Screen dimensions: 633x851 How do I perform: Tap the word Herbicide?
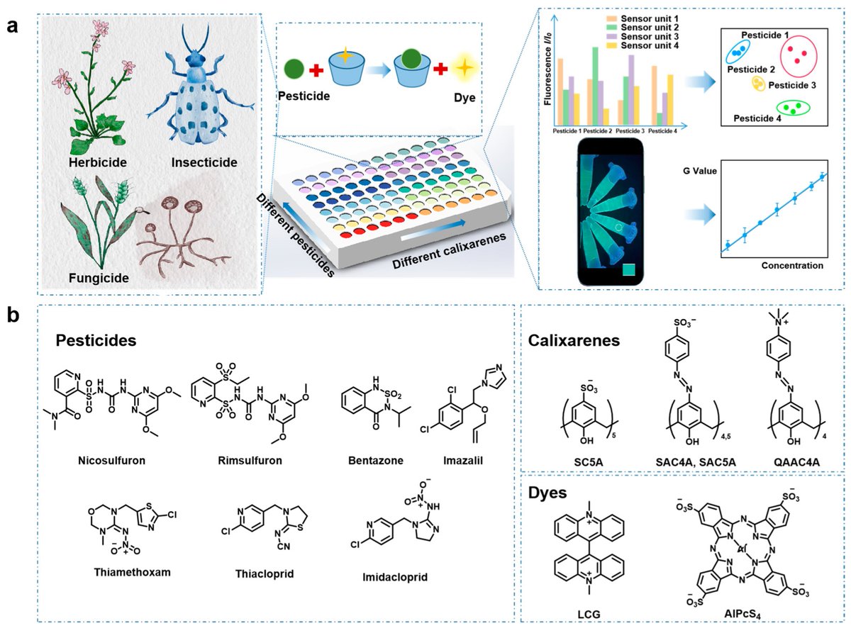99,162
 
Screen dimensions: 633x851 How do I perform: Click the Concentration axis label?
792,266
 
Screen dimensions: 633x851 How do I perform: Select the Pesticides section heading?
96,340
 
